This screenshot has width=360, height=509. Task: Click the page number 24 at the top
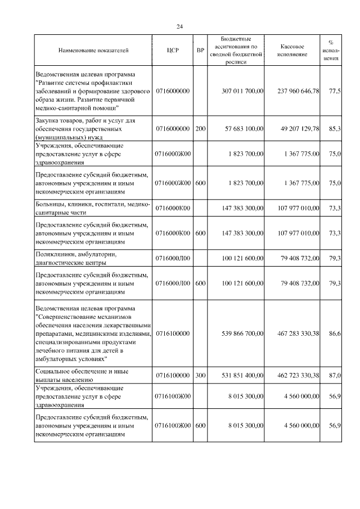179,26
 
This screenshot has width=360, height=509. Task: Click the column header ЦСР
173,51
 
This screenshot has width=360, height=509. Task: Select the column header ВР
200,51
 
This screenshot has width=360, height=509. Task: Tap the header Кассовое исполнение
292,51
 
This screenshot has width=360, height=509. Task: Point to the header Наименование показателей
93,51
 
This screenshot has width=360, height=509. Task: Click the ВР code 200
200,129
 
